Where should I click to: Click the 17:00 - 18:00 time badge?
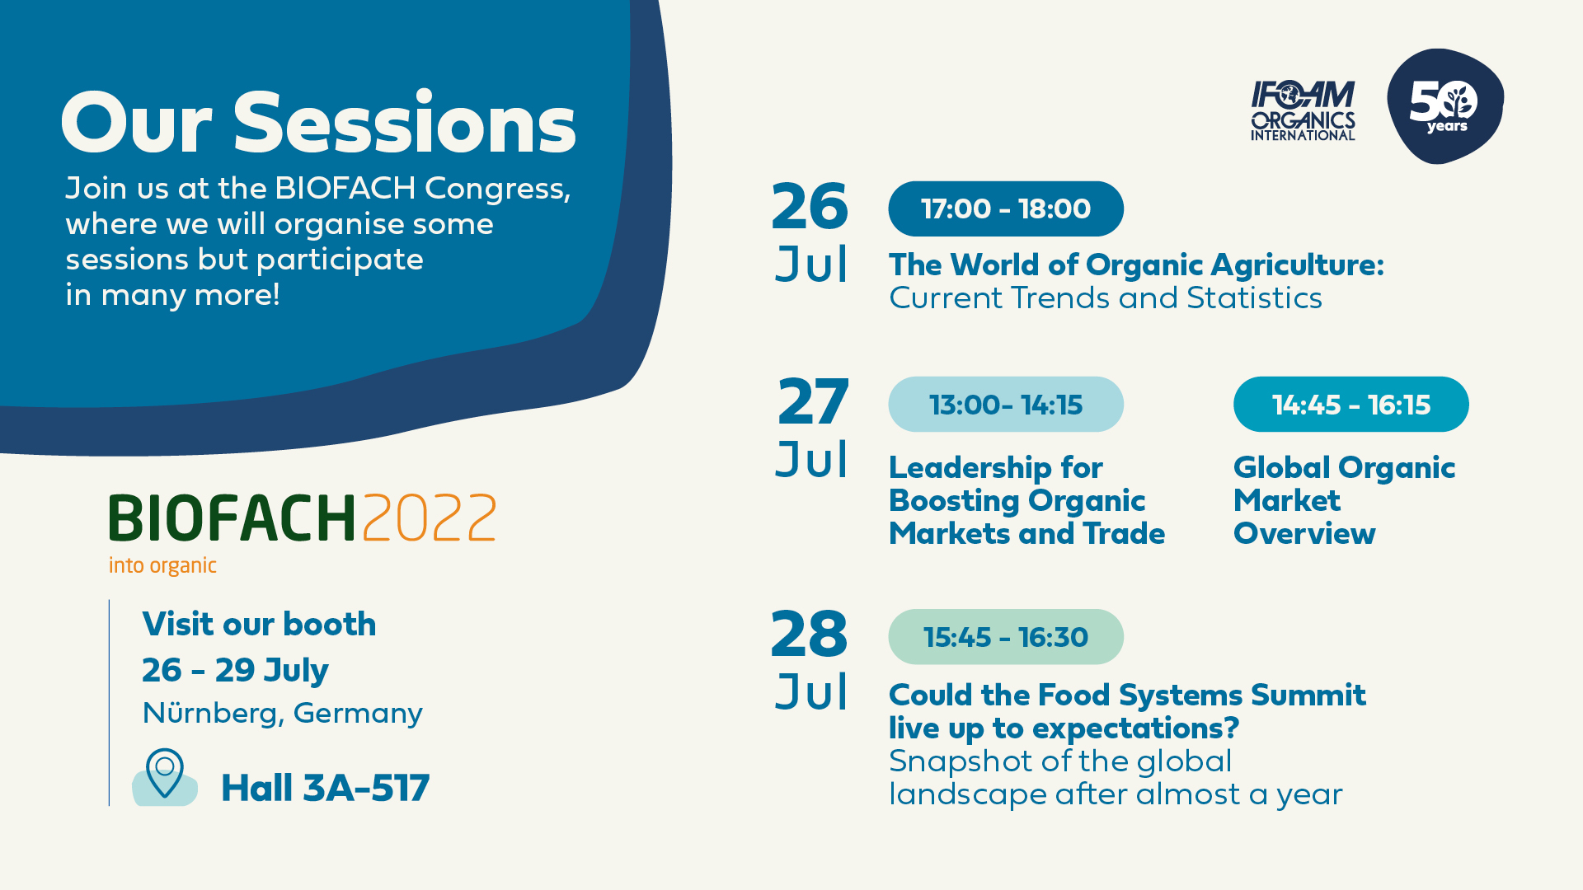[x=1005, y=208]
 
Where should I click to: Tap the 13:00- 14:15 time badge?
[x=1005, y=405]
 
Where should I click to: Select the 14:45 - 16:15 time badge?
[x=1350, y=405]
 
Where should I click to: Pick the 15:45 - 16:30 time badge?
[x=1005, y=637]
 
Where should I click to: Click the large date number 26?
[x=810, y=206]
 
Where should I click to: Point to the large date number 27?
[x=813, y=402]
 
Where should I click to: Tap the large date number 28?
[x=809, y=635]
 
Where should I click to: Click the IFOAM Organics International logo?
[x=1303, y=110]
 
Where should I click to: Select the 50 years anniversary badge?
[x=1444, y=105]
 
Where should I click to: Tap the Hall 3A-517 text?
[x=325, y=788]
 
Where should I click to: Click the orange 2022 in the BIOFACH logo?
[x=429, y=518]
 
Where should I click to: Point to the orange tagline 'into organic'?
[x=162, y=565]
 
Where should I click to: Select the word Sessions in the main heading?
[x=405, y=124]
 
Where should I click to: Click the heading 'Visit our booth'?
[x=259, y=624]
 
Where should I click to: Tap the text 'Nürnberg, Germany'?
[x=282, y=713]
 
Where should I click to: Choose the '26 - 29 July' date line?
[x=235, y=670]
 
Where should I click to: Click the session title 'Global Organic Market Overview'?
[x=1344, y=500]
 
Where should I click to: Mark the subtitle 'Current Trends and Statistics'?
[x=1106, y=297]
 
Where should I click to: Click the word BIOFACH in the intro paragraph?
[x=345, y=188]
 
